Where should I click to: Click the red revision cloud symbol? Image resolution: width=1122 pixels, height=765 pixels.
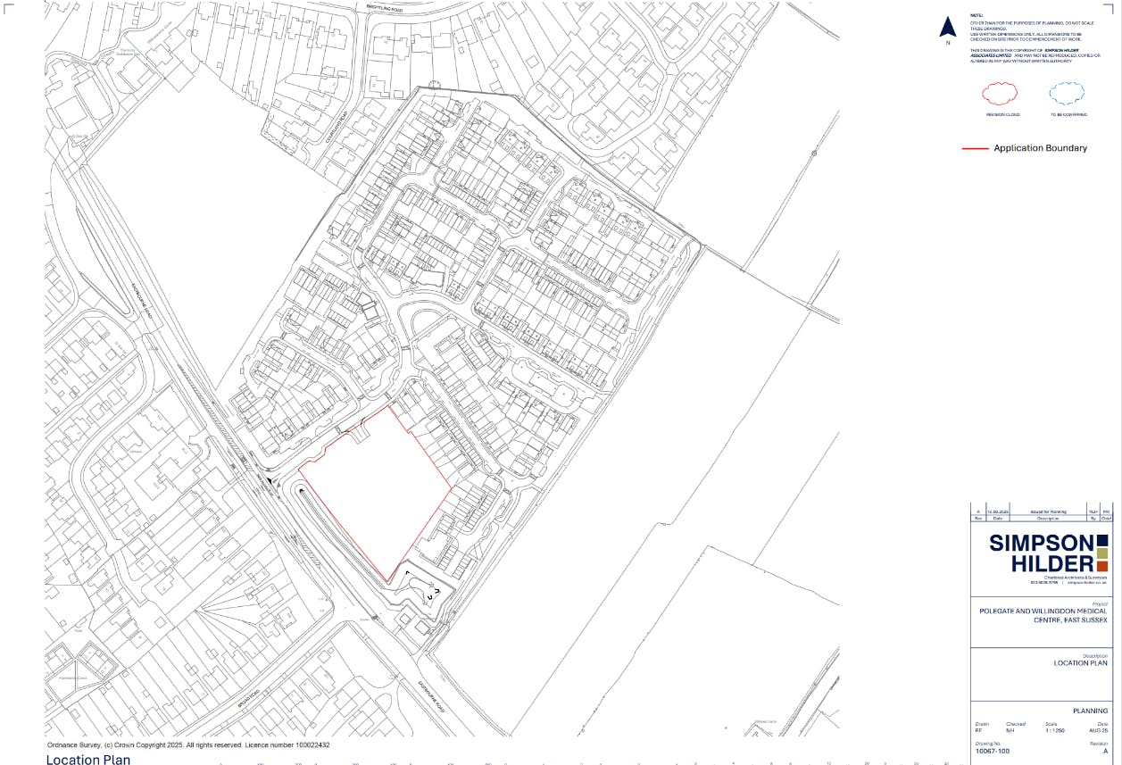(1001, 93)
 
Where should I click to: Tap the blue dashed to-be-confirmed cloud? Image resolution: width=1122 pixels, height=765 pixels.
(1068, 93)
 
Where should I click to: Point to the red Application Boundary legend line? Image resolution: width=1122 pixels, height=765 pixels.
(975, 148)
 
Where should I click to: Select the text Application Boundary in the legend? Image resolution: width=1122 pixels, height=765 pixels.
(1040, 148)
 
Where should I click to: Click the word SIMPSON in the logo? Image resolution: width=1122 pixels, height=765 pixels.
(1041, 544)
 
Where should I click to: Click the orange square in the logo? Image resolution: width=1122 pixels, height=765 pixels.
(1102, 566)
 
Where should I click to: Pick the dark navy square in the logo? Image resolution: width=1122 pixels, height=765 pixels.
(1102, 539)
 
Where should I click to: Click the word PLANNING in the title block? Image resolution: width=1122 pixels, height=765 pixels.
(1090, 711)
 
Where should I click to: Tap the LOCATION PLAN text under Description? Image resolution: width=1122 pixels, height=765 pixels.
(1080, 663)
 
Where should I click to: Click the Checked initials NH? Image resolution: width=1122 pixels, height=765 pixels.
(1010, 730)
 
